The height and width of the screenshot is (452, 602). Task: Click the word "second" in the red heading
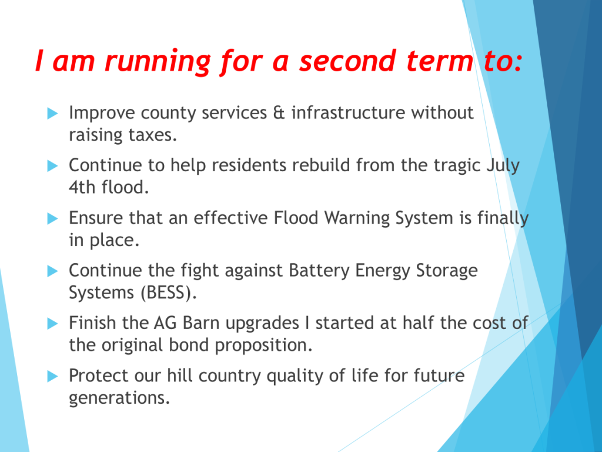[x=347, y=61]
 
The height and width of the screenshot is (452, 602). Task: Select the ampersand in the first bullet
[x=279, y=112]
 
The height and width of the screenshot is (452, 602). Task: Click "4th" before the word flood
[x=82, y=188]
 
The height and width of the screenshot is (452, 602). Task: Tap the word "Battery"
[x=319, y=271]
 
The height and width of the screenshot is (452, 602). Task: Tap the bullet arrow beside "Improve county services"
[x=52, y=114]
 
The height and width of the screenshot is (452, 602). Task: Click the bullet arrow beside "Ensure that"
[x=52, y=219]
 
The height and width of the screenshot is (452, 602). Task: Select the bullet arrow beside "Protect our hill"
[x=52, y=376]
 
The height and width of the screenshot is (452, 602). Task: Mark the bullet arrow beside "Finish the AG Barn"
[x=52, y=324]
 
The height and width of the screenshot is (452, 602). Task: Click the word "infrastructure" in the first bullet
[x=348, y=112]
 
